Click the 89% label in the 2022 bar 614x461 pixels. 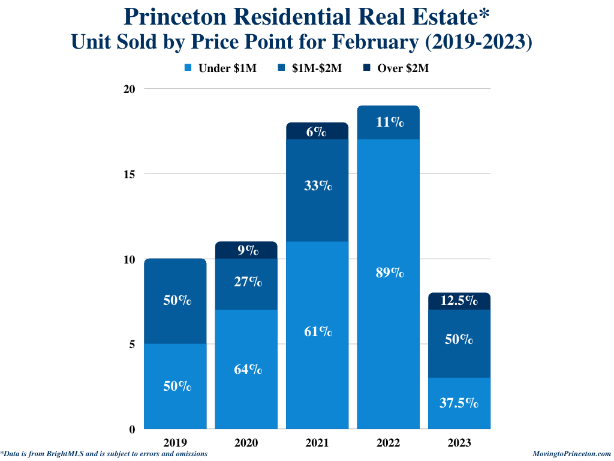click(389, 273)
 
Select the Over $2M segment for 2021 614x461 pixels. click(317, 131)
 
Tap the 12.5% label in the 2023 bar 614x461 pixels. click(459, 300)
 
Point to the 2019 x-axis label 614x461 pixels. click(175, 443)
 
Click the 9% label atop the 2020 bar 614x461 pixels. click(246, 250)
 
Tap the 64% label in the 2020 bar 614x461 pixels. click(246, 369)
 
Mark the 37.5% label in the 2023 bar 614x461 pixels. click(459, 403)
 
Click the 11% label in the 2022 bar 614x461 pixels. click(389, 122)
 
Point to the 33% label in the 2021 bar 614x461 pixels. click(317, 185)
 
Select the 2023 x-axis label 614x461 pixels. click(459, 443)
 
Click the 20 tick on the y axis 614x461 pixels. click(129, 89)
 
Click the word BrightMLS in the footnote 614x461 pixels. click(59, 454)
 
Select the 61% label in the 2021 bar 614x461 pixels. click(317, 331)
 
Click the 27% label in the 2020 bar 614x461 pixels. click(246, 281)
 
